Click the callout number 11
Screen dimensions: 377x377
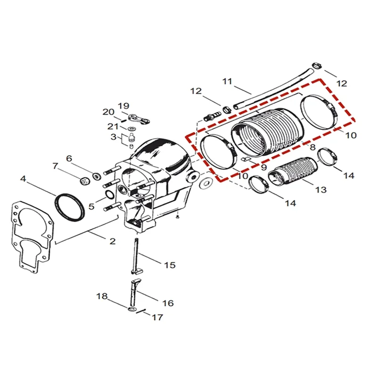[228, 81]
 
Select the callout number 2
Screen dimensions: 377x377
[112, 241]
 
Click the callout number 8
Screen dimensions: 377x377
[311, 148]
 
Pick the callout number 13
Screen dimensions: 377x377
[321, 189]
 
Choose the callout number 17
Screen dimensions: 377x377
[157, 318]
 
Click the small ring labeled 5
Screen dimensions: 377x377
[108, 195]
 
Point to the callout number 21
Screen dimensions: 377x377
[113, 127]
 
